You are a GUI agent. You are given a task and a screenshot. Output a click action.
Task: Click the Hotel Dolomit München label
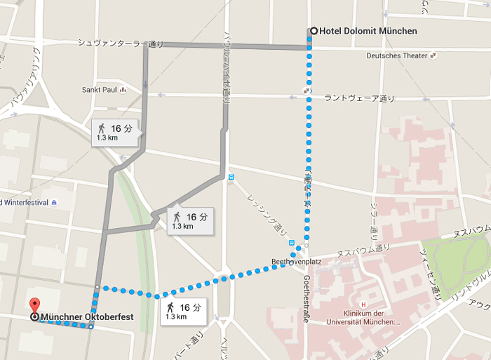coord(368,31)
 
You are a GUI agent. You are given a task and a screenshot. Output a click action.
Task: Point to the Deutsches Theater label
coord(396,56)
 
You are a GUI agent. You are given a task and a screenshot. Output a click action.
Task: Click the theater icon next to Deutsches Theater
coord(433,55)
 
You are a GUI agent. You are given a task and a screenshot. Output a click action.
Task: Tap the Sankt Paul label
coord(99,90)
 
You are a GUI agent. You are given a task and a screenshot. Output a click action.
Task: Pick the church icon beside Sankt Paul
coord(123,90)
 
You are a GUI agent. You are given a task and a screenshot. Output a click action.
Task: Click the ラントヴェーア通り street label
coord(359,98)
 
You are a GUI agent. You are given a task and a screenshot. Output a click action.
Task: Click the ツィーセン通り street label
coord(431,274)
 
